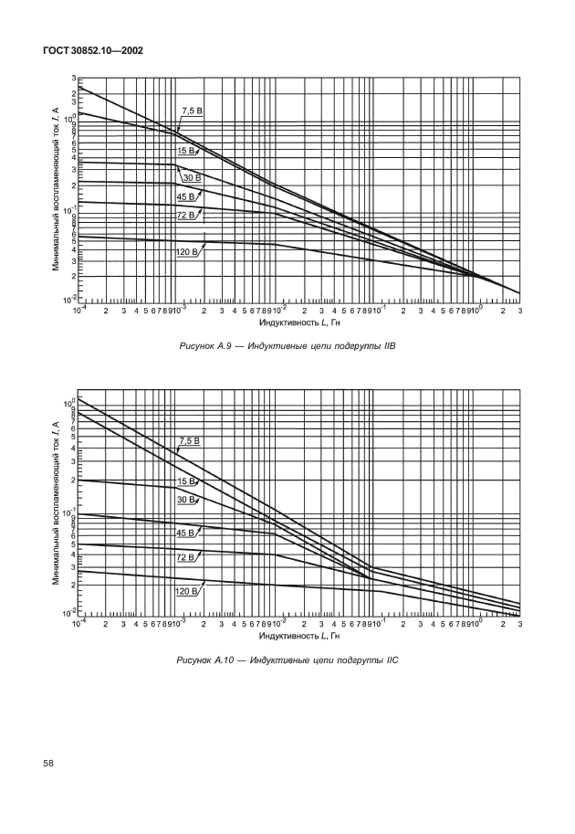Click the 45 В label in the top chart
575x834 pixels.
click(x=186, y=196)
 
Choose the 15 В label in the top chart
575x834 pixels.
click(x=186, y=150)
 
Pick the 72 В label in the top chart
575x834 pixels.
click(x=186, y=215)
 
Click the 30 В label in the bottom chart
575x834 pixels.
click(x=187, y=500)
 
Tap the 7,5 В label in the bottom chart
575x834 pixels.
click(x=189, y=441)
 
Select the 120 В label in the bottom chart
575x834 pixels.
click(x=187, y=591)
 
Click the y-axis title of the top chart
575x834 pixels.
click(x=56, y=188)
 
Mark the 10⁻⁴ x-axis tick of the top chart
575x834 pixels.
click(x=79, y=311)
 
